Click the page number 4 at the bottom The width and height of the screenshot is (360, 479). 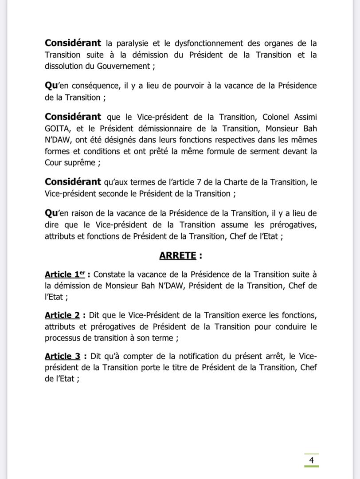[311, 460]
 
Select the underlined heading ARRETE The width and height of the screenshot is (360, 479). [178, 255]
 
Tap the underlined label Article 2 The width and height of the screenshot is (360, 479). [62, 315]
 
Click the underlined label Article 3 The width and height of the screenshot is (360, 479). [62, 356]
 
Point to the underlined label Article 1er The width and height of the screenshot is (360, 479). [65, 275]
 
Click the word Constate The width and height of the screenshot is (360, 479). [110, 275]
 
